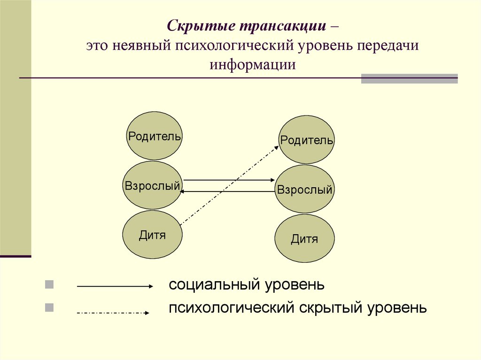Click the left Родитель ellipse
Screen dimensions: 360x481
[155, 136]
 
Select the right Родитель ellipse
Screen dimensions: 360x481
[307, 140]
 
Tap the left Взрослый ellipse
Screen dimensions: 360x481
[152, 185]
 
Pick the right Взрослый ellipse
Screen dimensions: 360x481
[304, 189]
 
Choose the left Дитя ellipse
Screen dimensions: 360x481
[152, 235]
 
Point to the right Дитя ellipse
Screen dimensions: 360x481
[304, 239]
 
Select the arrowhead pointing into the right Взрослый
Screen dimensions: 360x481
[272, 180]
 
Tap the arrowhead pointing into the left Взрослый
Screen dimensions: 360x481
[183, 191]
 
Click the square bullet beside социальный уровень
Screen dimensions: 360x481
[49, 284]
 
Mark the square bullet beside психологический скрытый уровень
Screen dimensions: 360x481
[49, 308]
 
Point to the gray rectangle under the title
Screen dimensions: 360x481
[409, 78]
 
